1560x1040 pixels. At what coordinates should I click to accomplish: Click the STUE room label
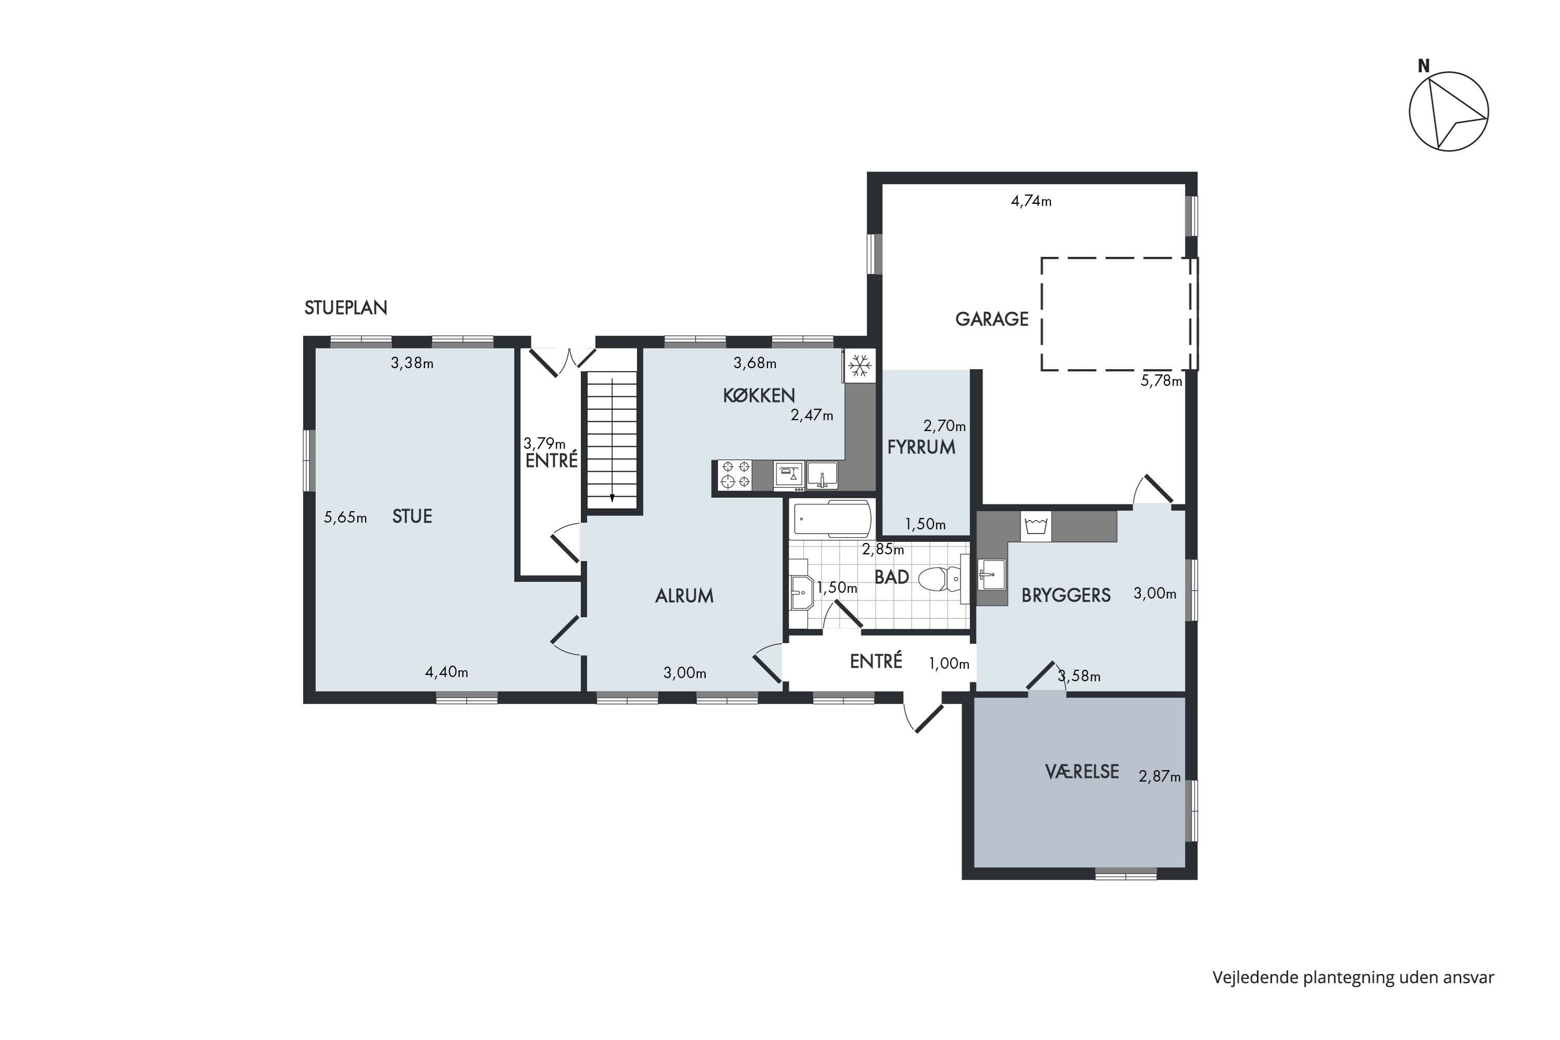click(x=412, y=516)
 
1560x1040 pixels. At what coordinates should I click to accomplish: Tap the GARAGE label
click(x=992, y=319)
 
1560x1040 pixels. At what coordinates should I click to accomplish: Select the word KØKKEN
click(x=759, y=395)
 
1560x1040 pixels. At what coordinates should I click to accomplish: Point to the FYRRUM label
click(x=921, y=447)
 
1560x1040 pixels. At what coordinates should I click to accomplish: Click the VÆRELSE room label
click(x=1082, y=771)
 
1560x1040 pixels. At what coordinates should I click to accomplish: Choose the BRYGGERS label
click(x=1066, y=595)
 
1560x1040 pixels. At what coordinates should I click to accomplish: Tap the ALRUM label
click(x=684, y=595)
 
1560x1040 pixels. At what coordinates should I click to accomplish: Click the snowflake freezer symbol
click(x=860, y=366)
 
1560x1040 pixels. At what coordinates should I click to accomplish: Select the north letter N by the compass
click(x=1423, y=66)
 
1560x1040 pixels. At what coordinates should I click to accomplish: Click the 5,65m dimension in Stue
click(x=345, y=517)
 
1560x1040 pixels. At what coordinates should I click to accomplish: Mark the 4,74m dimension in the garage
click(x=1031, y=201)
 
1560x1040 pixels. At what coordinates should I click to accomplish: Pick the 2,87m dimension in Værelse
click(x=1160, y=776)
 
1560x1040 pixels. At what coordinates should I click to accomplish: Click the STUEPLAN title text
click(x=346, y=308)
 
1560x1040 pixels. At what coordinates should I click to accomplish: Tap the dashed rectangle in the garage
click(x=1042, y=314)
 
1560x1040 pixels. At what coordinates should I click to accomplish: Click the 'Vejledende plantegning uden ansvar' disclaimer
click(x=1354, y=978)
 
